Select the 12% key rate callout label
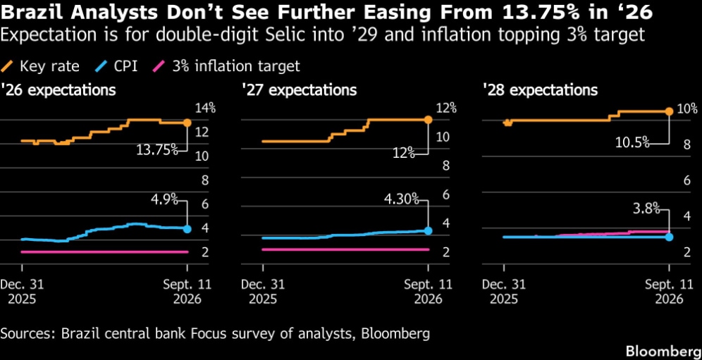pyautogui.click(x=403, y=154)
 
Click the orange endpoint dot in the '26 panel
pyautogui.click(x=187, y=123)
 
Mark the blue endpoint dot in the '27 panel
pyautogui.click(x=428, y=230)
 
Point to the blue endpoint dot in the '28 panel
pyautogui.click(x=670, y=237)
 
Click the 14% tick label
pyautogui.click(x=206, y=108)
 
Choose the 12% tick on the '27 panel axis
pyautogui.click(x=446, y=108)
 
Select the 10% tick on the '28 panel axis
pyautogui.click(x=687, y=108)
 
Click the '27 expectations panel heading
pyautogui.click(x=299, y=90)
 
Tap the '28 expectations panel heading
pyautogui.click(x=540, y=90)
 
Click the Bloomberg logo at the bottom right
pyautogui.click(x=663, y=350)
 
